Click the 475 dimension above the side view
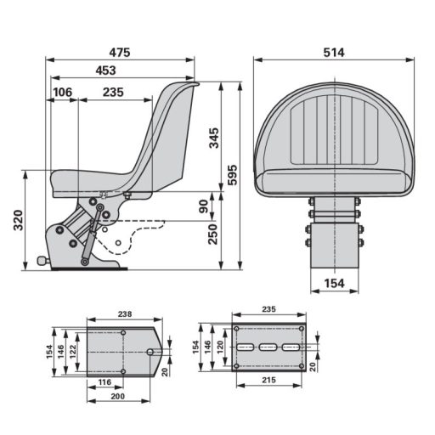[119, 53]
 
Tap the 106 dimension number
[62, 92]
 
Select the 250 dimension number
[212, 232]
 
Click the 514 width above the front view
[334, 53]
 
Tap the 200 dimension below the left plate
[119, 398]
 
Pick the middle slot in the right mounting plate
[269, 347]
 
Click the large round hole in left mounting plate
[150, 351]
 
